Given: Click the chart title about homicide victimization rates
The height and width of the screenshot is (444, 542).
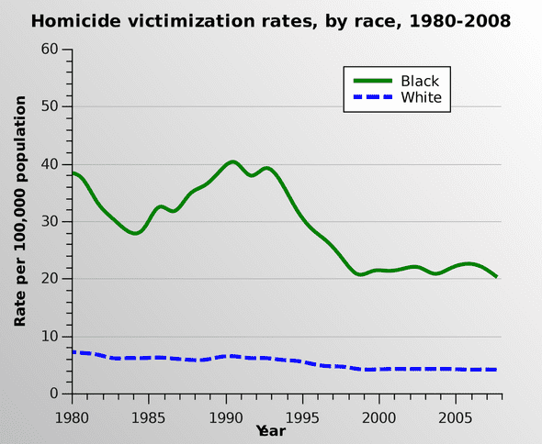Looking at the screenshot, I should (271, 20).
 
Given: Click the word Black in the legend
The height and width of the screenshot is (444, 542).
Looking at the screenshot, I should (420, 81).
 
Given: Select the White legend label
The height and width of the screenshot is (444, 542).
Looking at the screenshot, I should (422, 97).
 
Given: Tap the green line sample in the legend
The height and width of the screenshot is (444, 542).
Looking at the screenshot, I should (371, 81).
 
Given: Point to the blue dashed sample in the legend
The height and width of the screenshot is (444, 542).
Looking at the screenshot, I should (371, 97).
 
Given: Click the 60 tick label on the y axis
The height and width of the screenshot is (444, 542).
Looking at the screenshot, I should (51, 50).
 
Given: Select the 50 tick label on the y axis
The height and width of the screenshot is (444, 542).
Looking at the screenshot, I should (51, 106).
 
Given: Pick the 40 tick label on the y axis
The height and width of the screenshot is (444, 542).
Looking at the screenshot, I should (51, 164).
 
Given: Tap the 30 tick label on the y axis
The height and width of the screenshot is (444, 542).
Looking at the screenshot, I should (51, 221).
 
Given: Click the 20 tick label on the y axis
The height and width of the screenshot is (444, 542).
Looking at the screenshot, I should (51, 279).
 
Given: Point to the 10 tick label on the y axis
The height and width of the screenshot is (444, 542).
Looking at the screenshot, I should (51, 337).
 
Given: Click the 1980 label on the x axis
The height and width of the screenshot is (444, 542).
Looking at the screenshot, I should (72, 417).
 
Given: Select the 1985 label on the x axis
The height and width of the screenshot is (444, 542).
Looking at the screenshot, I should (149, 417).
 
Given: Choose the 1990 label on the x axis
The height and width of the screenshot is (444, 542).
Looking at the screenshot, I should (225, 417).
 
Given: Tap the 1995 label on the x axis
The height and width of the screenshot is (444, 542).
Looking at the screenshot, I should (302, 417).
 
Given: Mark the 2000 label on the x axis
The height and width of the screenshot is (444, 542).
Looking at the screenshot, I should (378, 417).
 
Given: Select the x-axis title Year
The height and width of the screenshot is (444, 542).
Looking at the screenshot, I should (271, 430).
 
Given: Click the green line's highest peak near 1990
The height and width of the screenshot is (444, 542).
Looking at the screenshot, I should (231, 161).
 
